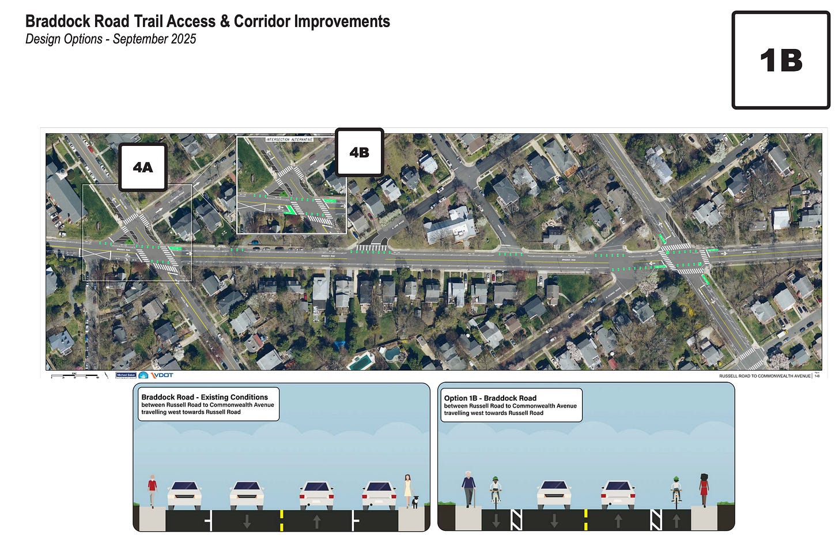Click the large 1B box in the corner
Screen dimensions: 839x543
[x=781, y=60]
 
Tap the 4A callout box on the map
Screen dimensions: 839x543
[x=143, y=167]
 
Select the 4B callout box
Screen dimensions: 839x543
[x=359, y=152]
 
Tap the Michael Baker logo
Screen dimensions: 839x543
[x=126, y=375]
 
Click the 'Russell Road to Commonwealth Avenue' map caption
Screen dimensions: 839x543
[x=765, y=376]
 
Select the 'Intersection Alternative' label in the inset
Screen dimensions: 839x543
[x=289, y=139]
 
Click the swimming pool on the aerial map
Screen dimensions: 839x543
[x=361, y=362]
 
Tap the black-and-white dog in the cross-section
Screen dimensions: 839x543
[x=414, y=501]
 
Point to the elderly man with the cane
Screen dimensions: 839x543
[x=469, y=489]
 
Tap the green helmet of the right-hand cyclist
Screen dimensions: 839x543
[x=677, y=479]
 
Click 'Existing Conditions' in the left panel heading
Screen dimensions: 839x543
[x=233, y=397]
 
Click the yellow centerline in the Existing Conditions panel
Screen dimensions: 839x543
[x=281, y=520]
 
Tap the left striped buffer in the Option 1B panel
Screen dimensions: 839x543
[x=516, y=520]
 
